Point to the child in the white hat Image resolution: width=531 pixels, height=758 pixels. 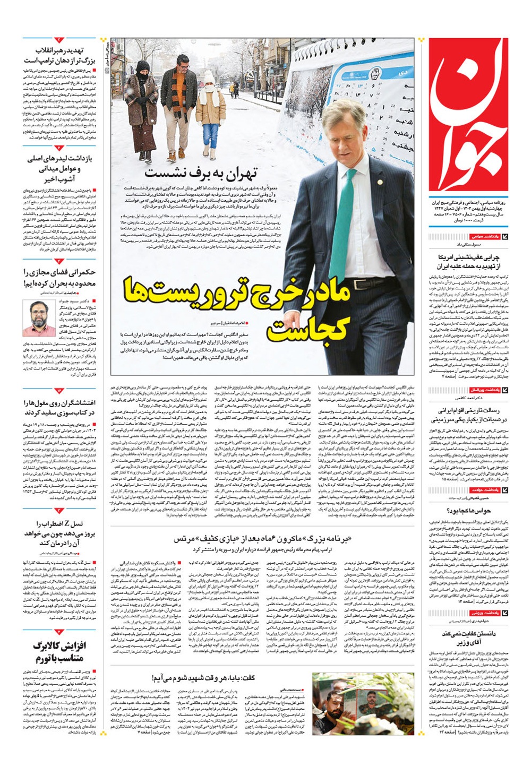coord(210,111)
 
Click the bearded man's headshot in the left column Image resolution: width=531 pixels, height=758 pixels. coord(38,317)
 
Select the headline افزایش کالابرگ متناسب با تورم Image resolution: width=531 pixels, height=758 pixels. coord(59,652)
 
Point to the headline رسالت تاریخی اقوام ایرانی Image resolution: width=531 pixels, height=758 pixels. coord(469,415)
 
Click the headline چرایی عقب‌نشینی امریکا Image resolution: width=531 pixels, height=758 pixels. coord(469,261)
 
